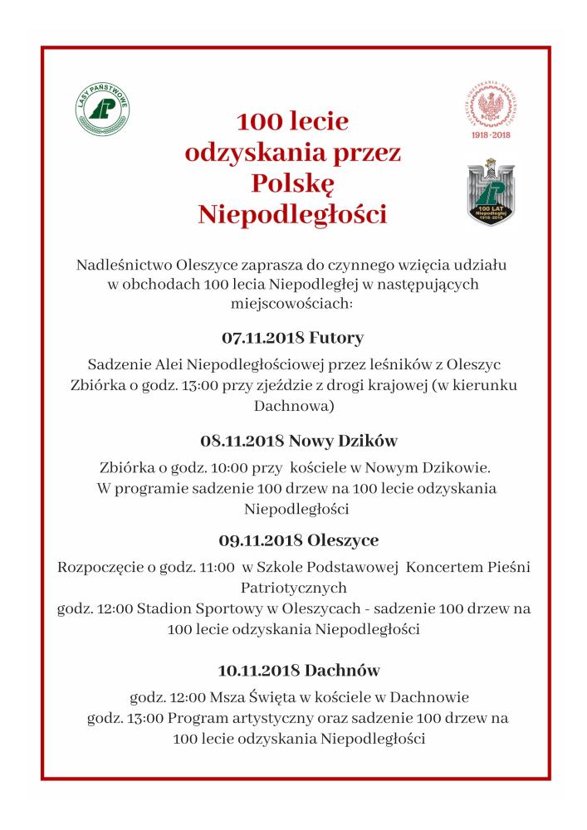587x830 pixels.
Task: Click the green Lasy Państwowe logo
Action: coord(101,110)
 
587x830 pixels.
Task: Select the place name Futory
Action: coord(336,339)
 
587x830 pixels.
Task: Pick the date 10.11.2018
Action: coord(258,669)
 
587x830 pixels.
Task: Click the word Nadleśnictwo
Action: coord(123,266)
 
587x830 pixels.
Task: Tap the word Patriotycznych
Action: coord(293,588)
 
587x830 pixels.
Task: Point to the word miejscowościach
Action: coord(293,305)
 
